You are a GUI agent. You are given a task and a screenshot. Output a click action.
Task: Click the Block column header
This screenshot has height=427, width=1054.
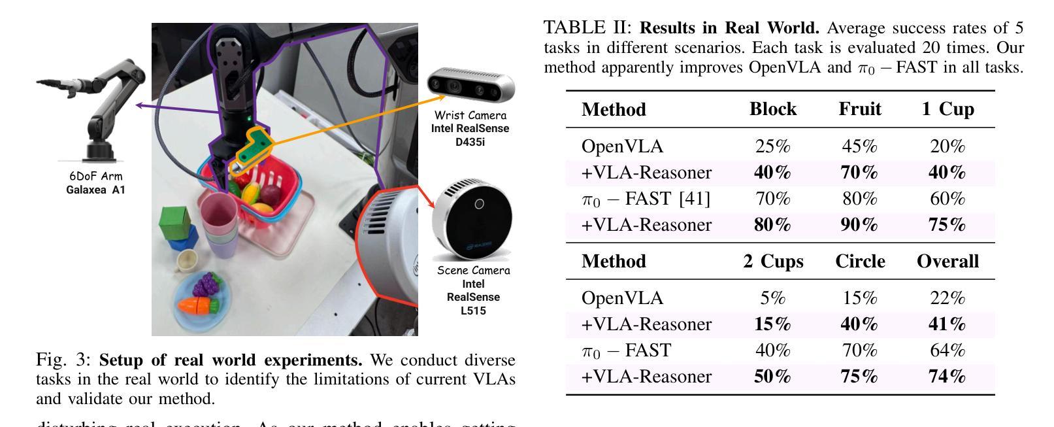pos(772,109)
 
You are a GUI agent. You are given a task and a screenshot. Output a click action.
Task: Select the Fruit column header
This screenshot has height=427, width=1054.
pos(859,109)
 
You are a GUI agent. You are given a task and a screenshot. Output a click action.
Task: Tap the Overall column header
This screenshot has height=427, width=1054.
pos(947,262)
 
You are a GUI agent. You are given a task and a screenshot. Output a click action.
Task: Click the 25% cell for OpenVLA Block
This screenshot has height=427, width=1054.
pos(772,146)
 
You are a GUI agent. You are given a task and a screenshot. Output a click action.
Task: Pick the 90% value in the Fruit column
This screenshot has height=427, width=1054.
pos(859,225)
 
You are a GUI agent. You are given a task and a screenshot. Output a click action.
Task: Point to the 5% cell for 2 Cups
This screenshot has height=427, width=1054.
pos(772,298)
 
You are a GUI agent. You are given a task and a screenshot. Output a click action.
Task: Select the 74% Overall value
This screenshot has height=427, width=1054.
pos(947,377)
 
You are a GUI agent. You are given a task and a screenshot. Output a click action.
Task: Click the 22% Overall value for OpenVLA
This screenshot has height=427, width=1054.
pos(947,298)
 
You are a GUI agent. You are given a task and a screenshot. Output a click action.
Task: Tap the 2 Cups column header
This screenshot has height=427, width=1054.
pos(772,262)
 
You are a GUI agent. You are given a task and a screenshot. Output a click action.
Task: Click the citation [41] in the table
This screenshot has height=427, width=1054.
pos(695,199)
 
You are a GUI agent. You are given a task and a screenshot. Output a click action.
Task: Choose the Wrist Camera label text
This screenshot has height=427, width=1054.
pos(470,116)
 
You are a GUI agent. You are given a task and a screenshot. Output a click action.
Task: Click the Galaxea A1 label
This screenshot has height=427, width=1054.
pos(95,190)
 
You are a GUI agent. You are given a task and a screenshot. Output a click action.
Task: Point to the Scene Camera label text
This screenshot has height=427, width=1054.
pos(473,271)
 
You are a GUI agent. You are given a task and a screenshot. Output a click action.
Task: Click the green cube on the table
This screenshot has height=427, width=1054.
pos(176,222)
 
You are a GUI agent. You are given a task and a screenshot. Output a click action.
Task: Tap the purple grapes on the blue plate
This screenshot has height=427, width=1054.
pos(208,284)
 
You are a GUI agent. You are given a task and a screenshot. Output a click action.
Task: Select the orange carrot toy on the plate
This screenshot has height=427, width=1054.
pos(198,304)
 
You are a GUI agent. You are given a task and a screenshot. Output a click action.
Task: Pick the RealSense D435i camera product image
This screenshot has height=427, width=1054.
pos(470,86)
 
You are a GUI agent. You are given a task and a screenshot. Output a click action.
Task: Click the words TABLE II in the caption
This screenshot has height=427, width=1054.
pos(587,28)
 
